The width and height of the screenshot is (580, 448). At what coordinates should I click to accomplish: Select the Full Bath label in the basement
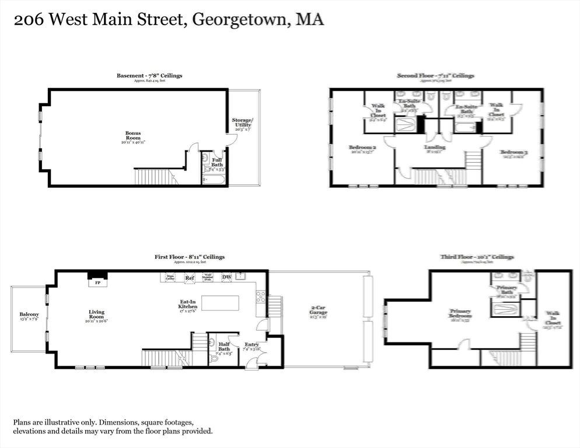coord(216,162)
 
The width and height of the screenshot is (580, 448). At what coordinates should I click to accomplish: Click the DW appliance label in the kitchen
coord(226,278)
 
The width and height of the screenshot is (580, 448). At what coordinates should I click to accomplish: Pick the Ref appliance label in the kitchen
coord(189,278)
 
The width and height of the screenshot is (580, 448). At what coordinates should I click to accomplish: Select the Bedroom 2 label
coord(362,148)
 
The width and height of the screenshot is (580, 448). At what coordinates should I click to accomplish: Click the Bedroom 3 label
coord(513,153)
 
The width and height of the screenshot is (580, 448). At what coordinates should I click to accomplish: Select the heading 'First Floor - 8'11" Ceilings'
coord(189,257)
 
